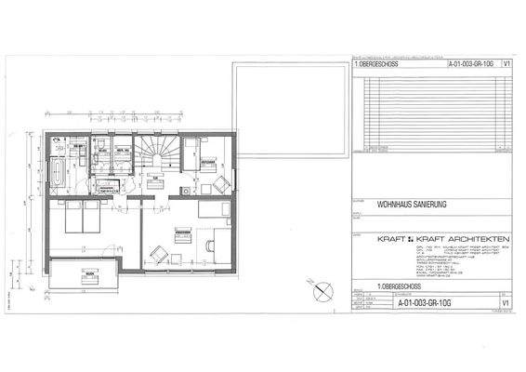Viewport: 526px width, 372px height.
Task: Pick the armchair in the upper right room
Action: [220, 184]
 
